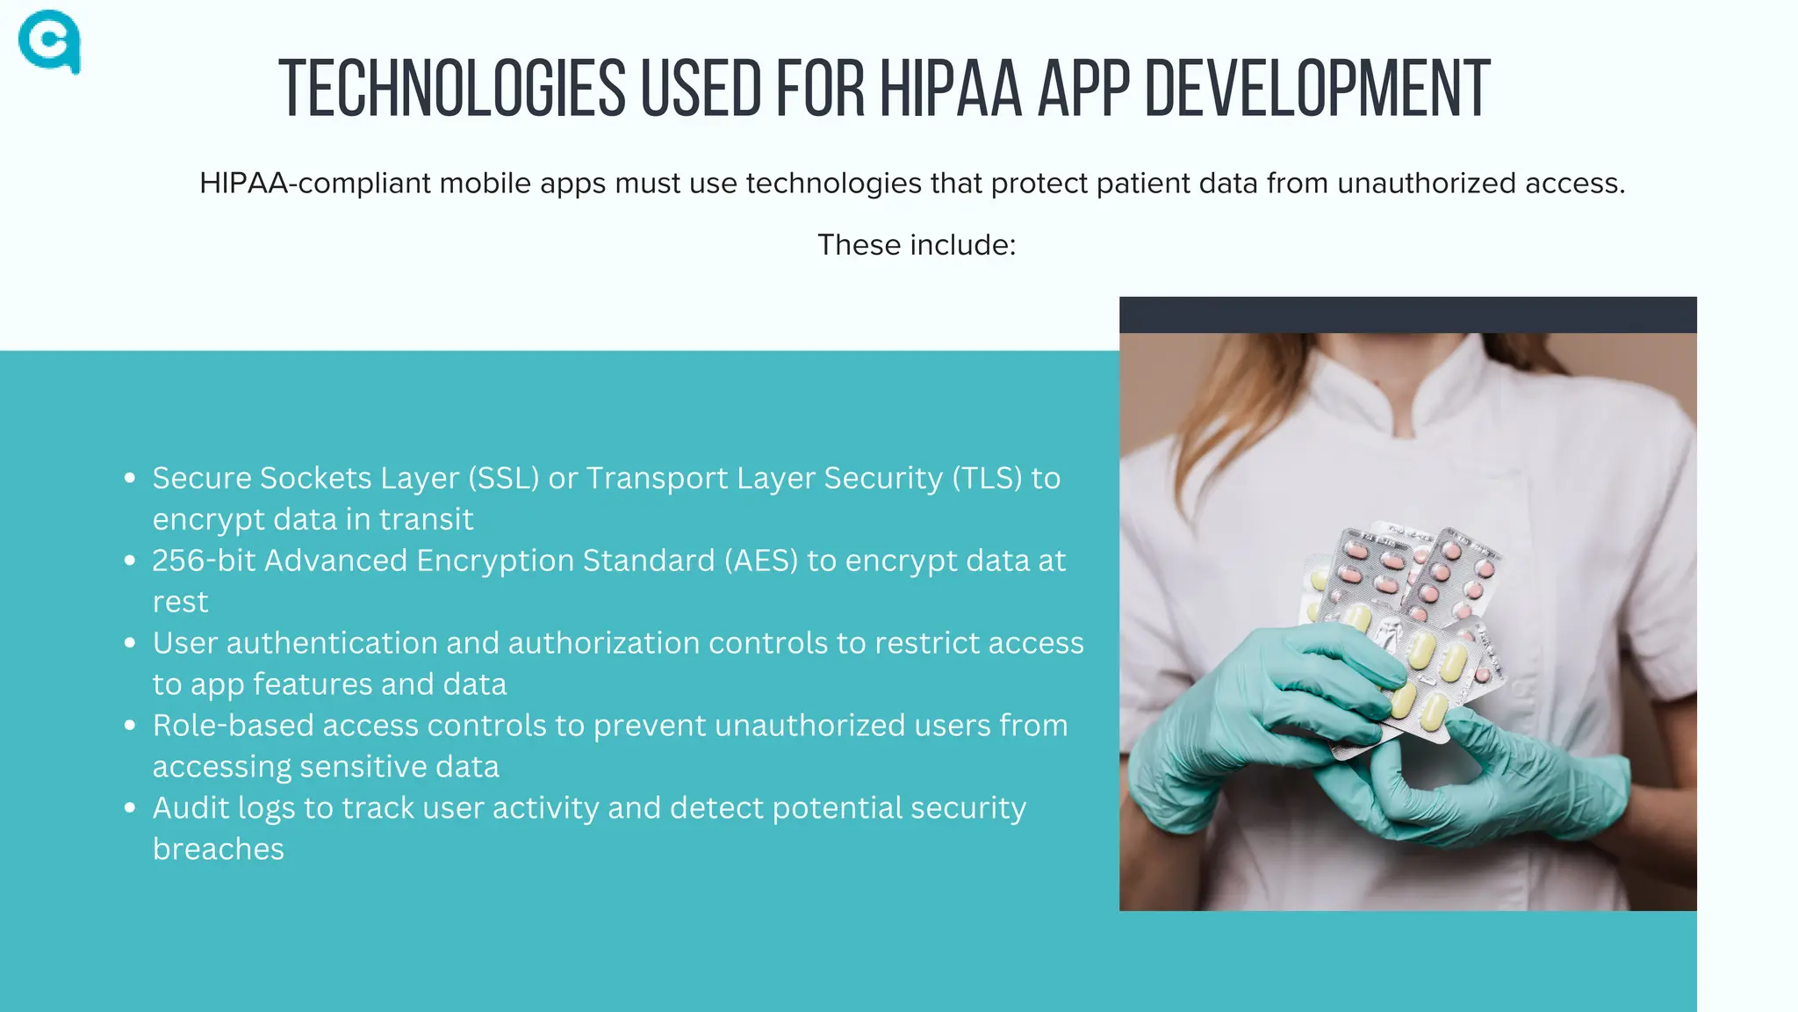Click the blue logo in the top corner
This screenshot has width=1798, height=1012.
point(49,41)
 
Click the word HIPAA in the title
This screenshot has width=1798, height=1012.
point(951,89)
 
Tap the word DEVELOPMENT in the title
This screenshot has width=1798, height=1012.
point(1317,89)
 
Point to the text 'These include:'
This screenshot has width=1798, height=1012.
point(917,244)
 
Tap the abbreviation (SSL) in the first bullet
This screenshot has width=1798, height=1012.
point(504,478)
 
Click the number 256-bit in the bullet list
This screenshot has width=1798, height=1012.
point(204,560)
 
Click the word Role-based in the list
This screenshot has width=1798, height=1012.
point(233,726)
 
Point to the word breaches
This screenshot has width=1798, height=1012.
point(219,849)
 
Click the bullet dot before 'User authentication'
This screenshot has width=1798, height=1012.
point(130,643)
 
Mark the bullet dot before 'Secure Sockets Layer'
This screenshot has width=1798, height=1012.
point(130,478)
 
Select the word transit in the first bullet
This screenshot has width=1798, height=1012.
point(427,519)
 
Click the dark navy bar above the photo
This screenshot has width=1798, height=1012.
point(1407,314)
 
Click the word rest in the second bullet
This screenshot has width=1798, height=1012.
point(180,602)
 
